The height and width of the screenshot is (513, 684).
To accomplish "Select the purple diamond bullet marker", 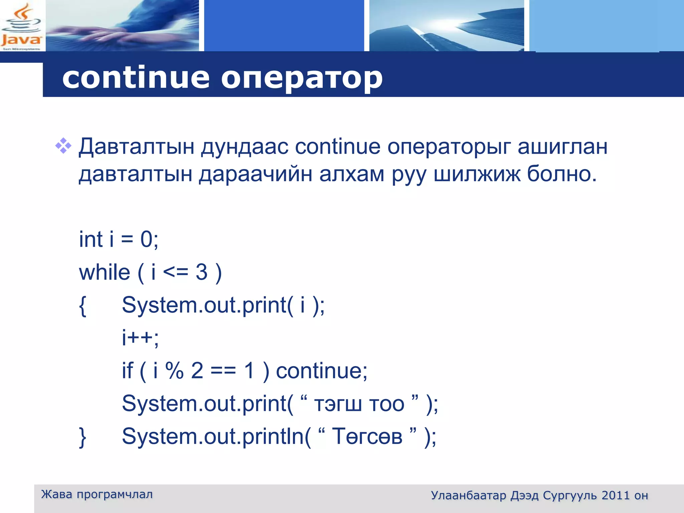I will tap(63, 146).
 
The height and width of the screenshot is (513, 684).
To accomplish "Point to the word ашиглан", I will tap(562, 147).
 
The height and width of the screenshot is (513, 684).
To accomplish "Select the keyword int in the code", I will tap(91, 239).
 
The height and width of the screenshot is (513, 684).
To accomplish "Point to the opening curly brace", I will tap(83, 306).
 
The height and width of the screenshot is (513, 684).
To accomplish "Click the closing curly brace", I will tap(83, 437).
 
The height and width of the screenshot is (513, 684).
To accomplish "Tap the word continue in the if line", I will tap(321, 371).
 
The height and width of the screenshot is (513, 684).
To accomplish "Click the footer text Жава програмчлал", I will tap(97, 494).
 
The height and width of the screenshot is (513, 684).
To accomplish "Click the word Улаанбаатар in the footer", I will tap(468, 495).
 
